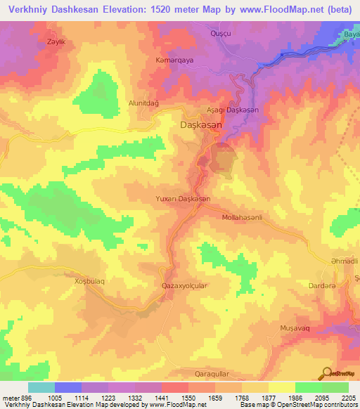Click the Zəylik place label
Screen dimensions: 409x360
[37, 41]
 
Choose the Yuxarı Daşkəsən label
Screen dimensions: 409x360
[182, 200]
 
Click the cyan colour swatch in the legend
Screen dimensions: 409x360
[41, 387]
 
